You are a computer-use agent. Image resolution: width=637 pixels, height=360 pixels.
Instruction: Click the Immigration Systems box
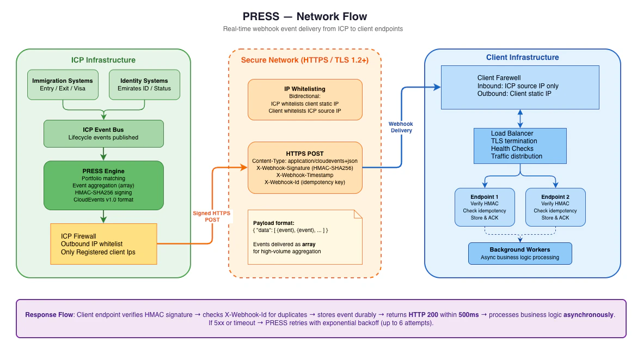tap(63, 84)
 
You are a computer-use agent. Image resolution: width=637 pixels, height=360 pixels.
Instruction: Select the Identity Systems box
tap(144, 84)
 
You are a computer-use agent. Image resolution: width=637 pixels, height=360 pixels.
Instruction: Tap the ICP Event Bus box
tap(103, 133)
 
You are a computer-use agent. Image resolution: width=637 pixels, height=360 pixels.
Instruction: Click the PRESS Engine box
tap(103, 185)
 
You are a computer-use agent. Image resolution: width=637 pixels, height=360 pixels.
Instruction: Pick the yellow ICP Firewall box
tap(103, 244)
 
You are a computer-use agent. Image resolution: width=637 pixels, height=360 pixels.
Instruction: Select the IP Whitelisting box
tap(305, 100)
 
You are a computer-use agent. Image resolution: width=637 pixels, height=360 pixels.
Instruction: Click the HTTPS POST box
tap(305, 168)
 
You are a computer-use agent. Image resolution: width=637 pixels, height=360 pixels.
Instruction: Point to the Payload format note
tap(305, 237)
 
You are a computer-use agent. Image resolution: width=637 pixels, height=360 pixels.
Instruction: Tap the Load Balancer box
tap(520, 145)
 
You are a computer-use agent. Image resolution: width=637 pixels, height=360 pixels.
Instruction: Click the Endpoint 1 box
tap(485, 207)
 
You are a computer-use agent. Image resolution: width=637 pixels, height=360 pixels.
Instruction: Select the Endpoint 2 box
tap(555, 207)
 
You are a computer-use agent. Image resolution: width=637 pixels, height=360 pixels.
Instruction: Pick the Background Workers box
tap(520, 253)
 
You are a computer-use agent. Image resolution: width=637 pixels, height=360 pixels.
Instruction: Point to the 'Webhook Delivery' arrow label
tap(401, 127)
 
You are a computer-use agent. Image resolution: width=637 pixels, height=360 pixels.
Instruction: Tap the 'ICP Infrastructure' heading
tap(103, 60)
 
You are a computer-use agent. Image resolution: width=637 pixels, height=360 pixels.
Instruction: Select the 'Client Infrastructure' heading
tap(522, 57)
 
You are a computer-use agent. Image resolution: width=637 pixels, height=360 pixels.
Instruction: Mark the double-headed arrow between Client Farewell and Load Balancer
tap(520, 118)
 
